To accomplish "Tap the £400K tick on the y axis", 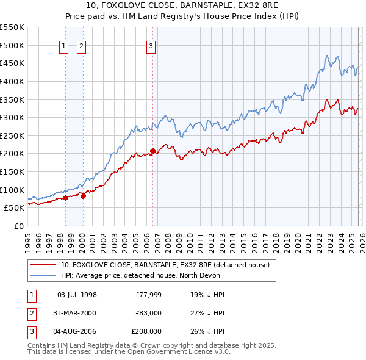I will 12,81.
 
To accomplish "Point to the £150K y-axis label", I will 12,171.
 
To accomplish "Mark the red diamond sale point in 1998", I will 65,198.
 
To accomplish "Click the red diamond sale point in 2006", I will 152,151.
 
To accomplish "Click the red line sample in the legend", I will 43,265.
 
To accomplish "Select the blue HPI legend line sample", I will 43,276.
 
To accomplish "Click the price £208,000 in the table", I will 146,331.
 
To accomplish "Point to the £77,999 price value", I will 148,295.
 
